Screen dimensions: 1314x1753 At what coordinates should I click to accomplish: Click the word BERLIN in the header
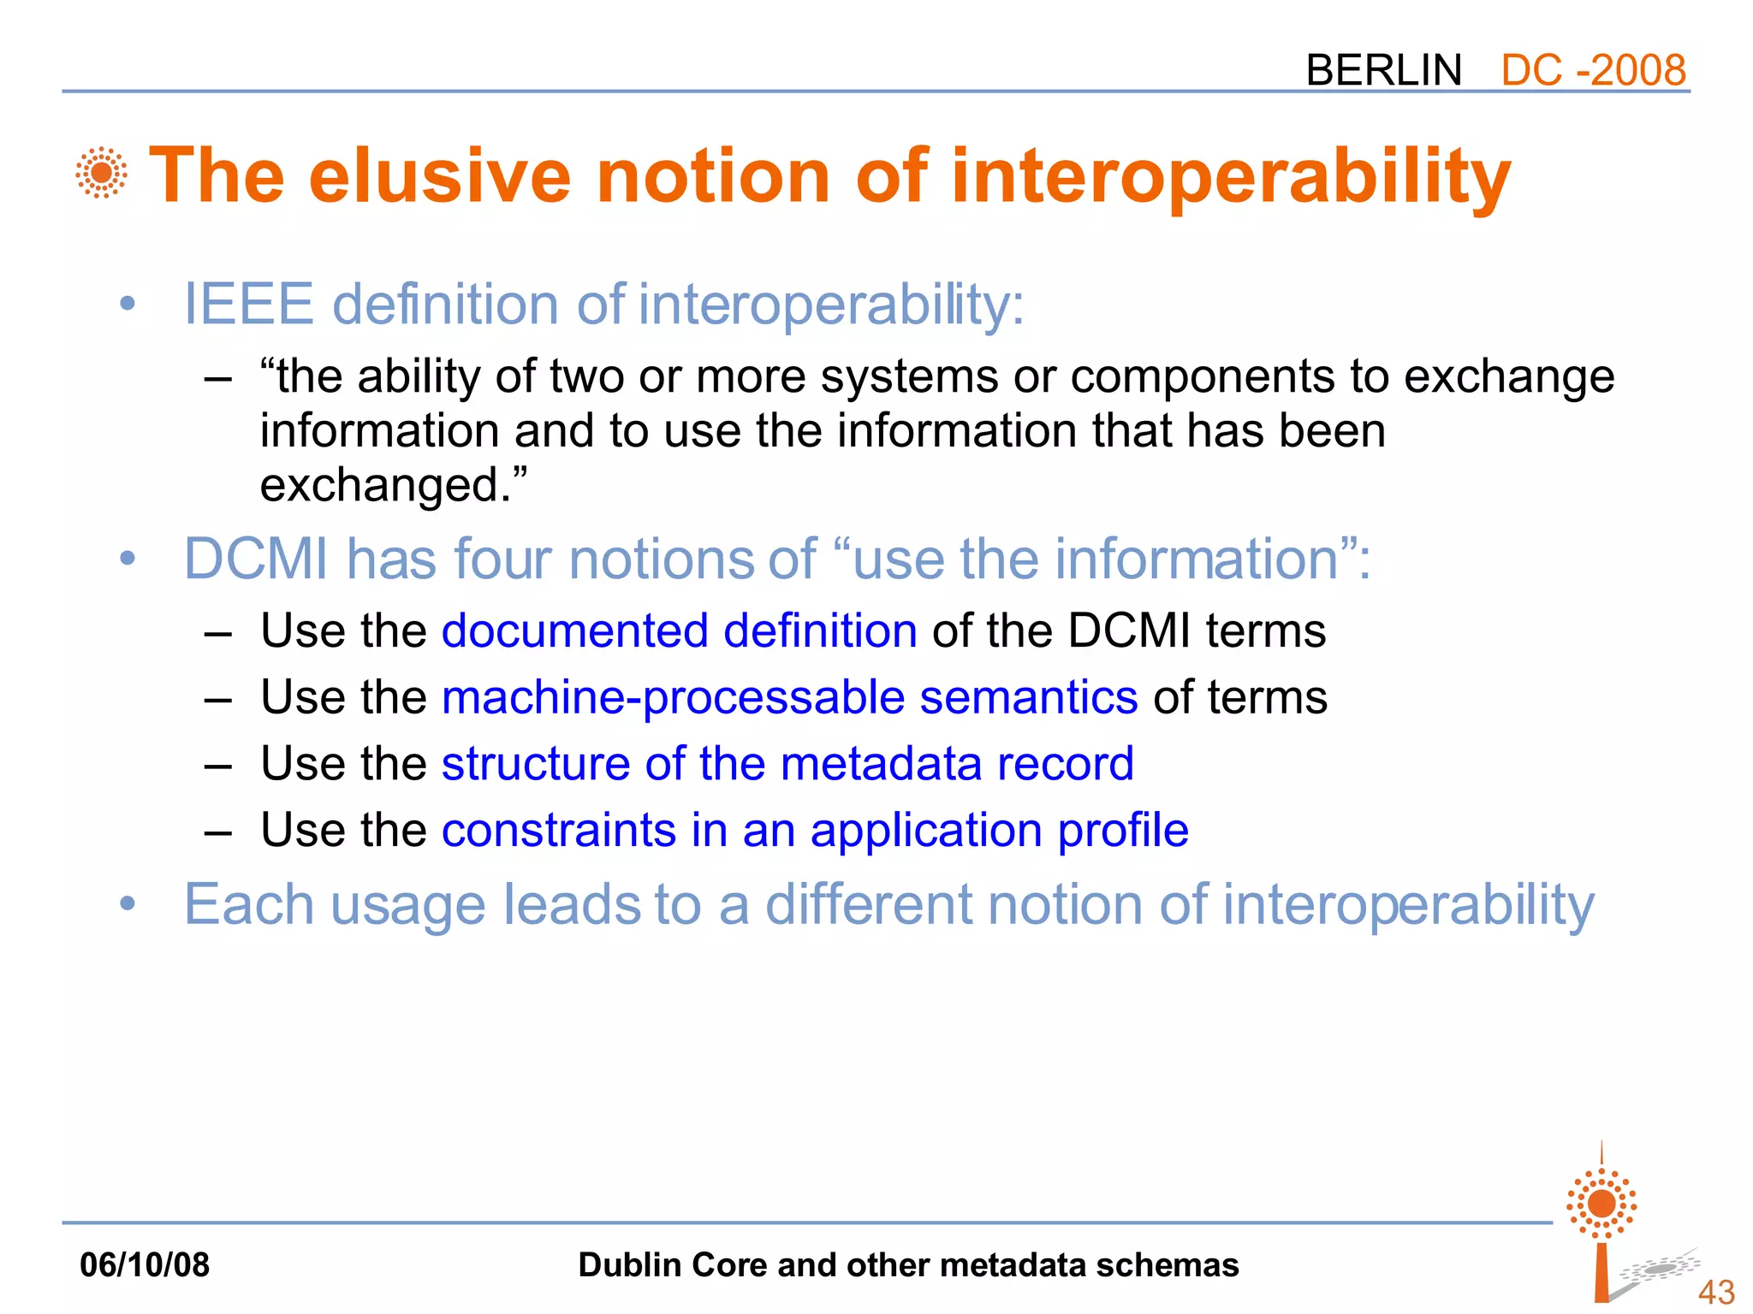click(x=1383, y=70)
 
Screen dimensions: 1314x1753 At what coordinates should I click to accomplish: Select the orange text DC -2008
click(x=1593, y=70)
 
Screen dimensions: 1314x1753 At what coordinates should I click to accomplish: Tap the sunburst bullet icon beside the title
click(x=101, y=173)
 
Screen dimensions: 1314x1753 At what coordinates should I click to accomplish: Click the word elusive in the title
click(x=439, y=175)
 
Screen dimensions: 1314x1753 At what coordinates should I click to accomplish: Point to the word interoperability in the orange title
click(x=1230, y=177)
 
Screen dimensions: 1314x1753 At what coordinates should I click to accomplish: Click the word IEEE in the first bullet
click(x=248, y=305)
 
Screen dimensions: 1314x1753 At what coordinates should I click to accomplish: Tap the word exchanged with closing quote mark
click(x=393, y=486)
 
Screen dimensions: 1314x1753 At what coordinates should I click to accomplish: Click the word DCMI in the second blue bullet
click(x=256, y=559)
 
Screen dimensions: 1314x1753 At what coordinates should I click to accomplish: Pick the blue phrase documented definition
click(x=679, y=631)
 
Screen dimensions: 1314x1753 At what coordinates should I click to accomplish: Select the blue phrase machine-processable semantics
click(x=789, y=697)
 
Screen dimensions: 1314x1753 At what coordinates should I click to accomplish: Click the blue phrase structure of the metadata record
click(x=787, y=763)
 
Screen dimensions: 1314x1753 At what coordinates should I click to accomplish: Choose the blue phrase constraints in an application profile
click(x=815, y=830)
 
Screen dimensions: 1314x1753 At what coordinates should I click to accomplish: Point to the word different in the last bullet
click(x=868, y=904)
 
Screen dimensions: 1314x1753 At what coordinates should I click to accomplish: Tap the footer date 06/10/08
click(x=145, y=1265)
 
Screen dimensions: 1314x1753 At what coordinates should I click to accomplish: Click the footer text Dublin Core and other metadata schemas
click(x=908, y=1265)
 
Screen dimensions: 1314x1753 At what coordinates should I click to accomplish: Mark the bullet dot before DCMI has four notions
click(x=128, y=559)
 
